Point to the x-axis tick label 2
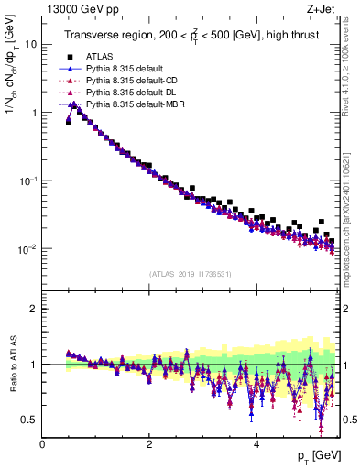(149, 444)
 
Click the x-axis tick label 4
(256, 444)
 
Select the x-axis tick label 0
(43, 444)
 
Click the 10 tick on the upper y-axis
(32, 44)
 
